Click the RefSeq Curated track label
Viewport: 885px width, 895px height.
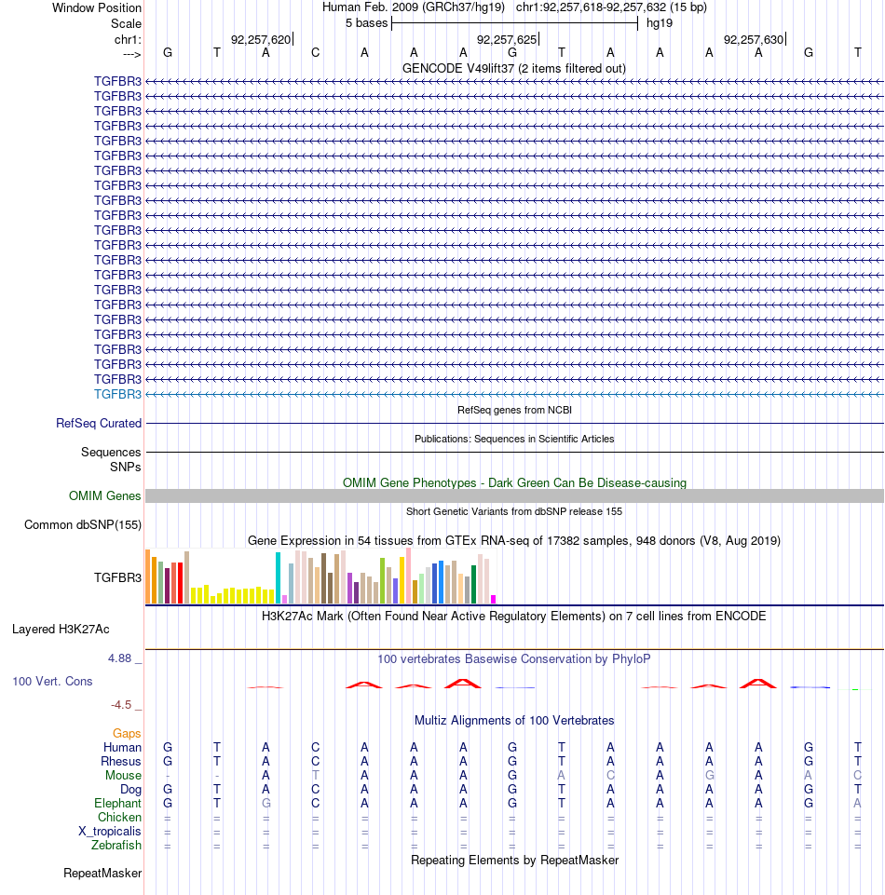tap(99, 424)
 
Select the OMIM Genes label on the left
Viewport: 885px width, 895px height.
tap(104, 496)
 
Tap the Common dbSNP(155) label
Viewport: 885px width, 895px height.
tap(83, 525)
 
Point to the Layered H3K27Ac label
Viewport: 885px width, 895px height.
tap(61, 630)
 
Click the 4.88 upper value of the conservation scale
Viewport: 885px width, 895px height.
tap(120, 658)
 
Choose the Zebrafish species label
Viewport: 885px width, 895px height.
tap(116, 846)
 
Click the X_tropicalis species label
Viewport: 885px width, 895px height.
tap(110, 832)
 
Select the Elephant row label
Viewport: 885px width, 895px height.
tap(117, 804)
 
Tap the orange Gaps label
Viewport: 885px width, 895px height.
tap(127, 734)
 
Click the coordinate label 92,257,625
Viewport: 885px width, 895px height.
tap(507, 40)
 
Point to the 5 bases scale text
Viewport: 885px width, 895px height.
tap(366, 23)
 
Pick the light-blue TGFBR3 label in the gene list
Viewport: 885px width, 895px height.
tap(117, 395)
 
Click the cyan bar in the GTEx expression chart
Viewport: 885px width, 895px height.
tap(278, 577)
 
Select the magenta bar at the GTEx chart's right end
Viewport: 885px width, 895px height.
tap(494, 600)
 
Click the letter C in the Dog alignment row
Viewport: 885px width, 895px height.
tap(315, 790)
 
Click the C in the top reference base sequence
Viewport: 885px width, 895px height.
tap(315, 53)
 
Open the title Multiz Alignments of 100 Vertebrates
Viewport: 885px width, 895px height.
tap(514, 721)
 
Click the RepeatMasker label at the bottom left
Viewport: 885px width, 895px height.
tap(102, 874)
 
